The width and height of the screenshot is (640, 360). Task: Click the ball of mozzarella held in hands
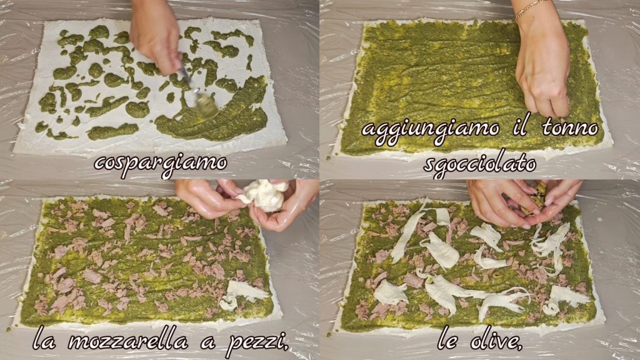262,195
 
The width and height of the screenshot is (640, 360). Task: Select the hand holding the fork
156,36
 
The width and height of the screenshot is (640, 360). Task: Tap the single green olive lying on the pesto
497,275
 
